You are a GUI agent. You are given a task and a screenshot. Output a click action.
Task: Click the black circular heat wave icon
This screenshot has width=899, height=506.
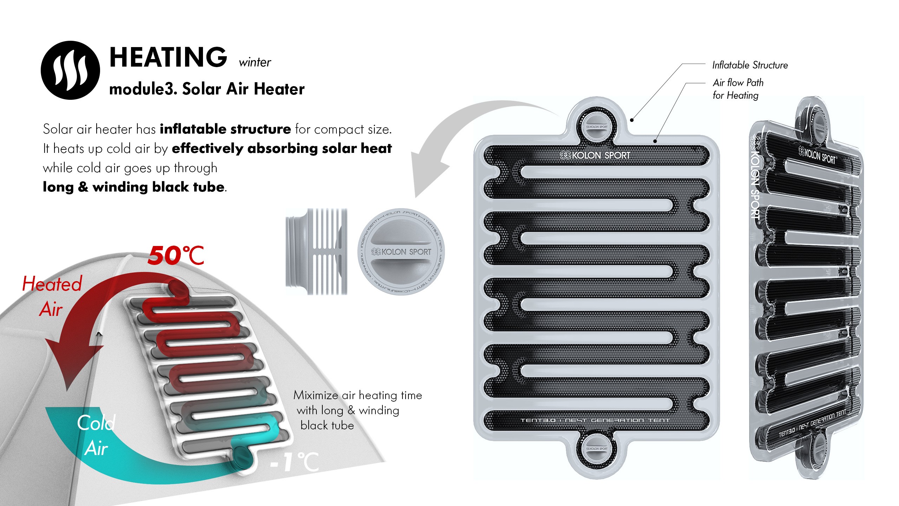click(x=70, y=70)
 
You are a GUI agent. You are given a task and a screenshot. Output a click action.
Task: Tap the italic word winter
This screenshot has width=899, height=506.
click(x=255, y=63)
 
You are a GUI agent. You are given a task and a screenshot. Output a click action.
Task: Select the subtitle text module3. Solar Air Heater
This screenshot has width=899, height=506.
click(x=207, y=89)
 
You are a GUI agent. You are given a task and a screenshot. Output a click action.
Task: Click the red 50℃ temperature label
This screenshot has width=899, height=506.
click(x=176, y=255)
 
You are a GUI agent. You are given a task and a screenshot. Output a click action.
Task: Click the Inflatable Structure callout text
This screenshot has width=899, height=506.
click(x=750, y=65)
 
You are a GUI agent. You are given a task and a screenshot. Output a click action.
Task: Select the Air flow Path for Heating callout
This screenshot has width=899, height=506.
click(x=737, y=89)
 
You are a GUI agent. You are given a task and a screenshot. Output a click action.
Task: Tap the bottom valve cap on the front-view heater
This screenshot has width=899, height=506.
click(x=597, y=448)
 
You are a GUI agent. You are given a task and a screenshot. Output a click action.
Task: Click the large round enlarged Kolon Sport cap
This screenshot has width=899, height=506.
click(x=401, y=252)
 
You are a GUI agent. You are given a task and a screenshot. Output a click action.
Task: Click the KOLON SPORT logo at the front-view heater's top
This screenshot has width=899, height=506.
click(x=595, y=155)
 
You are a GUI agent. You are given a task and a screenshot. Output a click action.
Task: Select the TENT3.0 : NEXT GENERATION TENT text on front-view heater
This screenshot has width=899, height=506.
click(x=595, y=420)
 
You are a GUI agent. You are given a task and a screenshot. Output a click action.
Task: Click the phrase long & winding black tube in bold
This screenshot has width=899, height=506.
click(x=133, y=187)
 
